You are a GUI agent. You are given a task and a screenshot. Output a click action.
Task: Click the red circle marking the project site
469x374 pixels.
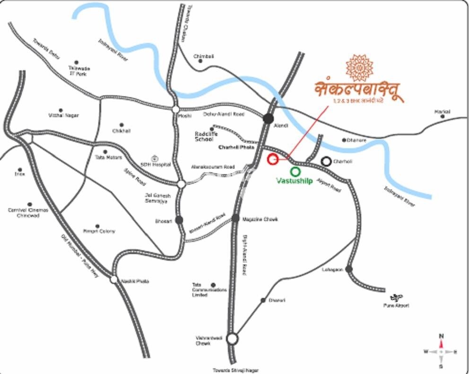(x=272, y=159)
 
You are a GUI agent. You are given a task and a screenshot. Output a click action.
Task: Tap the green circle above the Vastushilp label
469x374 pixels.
(x=295, y=171)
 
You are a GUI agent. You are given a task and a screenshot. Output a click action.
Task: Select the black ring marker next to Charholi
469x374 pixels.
(x=326, y=161)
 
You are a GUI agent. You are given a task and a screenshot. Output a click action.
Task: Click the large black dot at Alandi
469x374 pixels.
(x=269, y=118)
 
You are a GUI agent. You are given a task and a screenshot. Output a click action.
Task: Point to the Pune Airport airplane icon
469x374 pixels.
(x=396, y=297)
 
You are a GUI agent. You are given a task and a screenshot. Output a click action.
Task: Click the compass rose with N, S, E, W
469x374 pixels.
(x=441, y=351)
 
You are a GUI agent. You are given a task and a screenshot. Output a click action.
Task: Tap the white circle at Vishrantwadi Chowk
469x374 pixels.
(x=232, y=339)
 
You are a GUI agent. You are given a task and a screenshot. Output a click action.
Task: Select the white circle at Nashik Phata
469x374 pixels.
(x=113, y=280)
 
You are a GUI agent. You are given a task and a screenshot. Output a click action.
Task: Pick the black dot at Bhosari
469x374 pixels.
(x=179, y=220)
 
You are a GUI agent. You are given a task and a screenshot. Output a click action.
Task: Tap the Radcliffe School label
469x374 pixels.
(x=204, y=136)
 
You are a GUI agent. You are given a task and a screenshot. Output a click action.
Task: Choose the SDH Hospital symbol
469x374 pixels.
(x=153, y=158)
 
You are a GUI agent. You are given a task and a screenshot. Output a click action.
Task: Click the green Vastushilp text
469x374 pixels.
(x=294, y=181)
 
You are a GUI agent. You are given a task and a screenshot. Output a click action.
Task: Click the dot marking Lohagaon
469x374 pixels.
(x=348, y=269)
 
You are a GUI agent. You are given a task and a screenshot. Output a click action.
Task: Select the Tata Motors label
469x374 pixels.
(x=109, y=158)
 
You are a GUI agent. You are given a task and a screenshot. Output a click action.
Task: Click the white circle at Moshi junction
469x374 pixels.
(x=175, y=109)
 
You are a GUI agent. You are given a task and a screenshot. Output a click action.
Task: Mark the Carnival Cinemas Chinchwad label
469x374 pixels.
(x=28, y=213)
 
